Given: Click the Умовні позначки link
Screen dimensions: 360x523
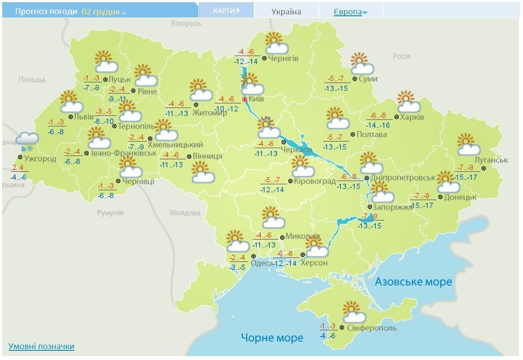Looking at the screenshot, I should coord(41,346).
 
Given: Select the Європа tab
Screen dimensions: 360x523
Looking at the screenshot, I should coord(348,12).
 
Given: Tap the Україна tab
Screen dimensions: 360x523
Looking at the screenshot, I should coord(286,12).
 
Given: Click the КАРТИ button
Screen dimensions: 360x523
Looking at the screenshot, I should coord(226,11).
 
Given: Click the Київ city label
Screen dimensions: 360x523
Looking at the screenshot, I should coord(256,99).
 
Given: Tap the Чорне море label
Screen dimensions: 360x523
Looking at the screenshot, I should coord(272,338).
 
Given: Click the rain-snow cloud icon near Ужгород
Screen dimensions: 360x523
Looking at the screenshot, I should coord(27,140).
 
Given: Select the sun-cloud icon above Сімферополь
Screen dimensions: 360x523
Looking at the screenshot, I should coord(354,312).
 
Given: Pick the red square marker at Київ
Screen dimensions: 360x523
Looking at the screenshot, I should coord(245,99).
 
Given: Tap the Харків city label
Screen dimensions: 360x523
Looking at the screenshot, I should coord(413,117).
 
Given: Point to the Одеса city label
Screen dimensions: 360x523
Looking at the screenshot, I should coord(261,263).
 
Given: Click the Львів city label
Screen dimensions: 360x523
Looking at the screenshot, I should coord(84,117).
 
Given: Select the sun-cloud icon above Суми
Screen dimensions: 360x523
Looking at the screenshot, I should coord(362,64).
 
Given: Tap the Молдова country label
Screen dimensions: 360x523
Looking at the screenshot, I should coord(185,213).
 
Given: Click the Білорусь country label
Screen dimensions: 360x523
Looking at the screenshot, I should coord(186,23).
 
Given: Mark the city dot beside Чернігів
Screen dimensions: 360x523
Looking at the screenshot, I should coord(264,58).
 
